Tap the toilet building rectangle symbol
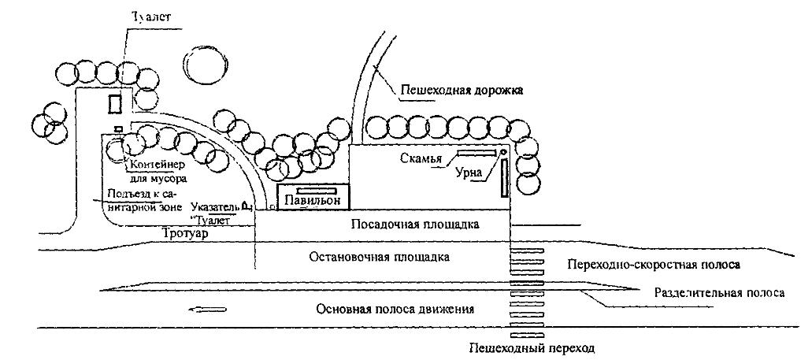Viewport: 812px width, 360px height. [x=115, y=103]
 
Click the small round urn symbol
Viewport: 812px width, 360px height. [x=502, y=152]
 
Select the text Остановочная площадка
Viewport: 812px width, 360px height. [x=379, y=257]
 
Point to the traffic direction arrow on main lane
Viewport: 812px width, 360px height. [x=209, y=310]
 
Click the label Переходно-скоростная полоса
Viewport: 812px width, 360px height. [x=654, y=263]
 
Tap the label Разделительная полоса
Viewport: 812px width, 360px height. [x=718, y=292]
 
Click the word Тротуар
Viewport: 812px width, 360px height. [x=186, y=233]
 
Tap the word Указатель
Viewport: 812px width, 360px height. [x=214, y=208]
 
